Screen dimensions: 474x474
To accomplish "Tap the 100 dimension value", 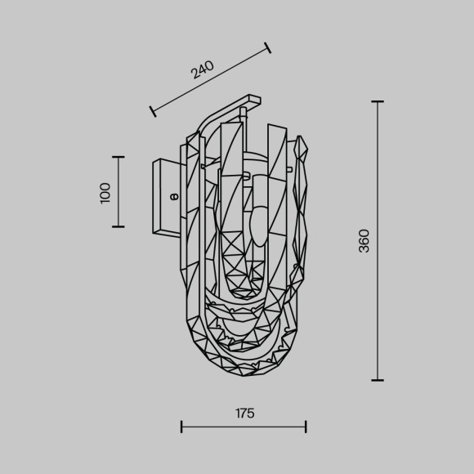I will (105, 193).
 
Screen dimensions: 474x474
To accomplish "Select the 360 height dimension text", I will (364, 241).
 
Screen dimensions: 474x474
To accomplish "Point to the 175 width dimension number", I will (244, 414).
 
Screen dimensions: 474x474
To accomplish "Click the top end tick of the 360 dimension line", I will (378, 101).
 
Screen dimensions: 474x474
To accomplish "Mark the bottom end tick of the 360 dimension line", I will (378, 380).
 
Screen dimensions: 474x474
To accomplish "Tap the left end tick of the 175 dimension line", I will (181, 426).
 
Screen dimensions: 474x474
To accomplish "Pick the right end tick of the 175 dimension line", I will (306, 426).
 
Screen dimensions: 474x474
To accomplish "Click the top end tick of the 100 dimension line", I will (118, 157).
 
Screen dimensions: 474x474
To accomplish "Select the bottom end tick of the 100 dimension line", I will (118, 226).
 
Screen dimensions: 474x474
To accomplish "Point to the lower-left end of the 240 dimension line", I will (151, 110).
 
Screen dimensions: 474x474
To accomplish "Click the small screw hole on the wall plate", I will (172, 196).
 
